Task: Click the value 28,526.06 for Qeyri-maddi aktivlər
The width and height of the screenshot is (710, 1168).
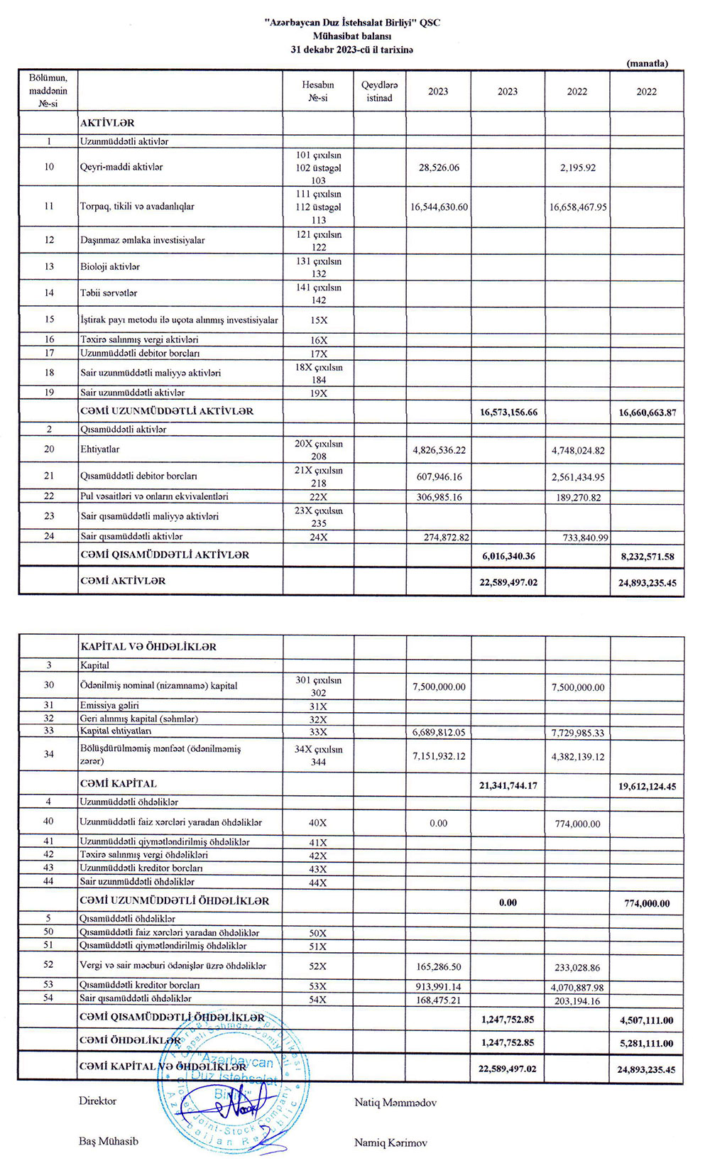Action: click(x=439, y=168)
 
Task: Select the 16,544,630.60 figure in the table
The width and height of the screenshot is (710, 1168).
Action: click(x=439, y=207)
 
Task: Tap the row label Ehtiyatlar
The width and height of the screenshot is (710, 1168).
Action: click(x=100, y=449)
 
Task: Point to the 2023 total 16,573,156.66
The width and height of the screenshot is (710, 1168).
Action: click(x=508, y=413)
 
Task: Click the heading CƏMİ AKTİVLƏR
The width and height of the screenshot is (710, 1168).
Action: click(x=123, y=581)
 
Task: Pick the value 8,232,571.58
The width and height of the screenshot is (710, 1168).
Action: click(x=647, y=557)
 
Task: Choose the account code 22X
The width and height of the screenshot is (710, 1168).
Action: click(x=319, y=497)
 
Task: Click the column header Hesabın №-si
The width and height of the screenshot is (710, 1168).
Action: click(x=318, y=91)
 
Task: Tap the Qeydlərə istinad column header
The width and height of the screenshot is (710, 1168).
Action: click(x=379, y=91)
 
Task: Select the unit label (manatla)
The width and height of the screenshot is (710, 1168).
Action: click(x=647, y=63)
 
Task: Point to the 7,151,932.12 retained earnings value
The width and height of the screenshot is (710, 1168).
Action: click(x=439, y=756)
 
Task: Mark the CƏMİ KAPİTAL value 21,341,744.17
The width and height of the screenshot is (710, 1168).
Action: click(x=508, y=786)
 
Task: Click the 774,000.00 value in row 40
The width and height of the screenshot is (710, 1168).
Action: click(x=577, y=824)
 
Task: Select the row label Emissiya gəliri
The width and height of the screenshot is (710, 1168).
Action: click(x=109, y=706)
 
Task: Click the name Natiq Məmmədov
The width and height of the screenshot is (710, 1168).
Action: click(x=395, y=1103)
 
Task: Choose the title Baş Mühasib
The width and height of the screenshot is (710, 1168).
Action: click(x=109, y=1142)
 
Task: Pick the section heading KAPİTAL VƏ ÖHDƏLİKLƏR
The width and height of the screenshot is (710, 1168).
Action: click(x=148, y=647)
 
